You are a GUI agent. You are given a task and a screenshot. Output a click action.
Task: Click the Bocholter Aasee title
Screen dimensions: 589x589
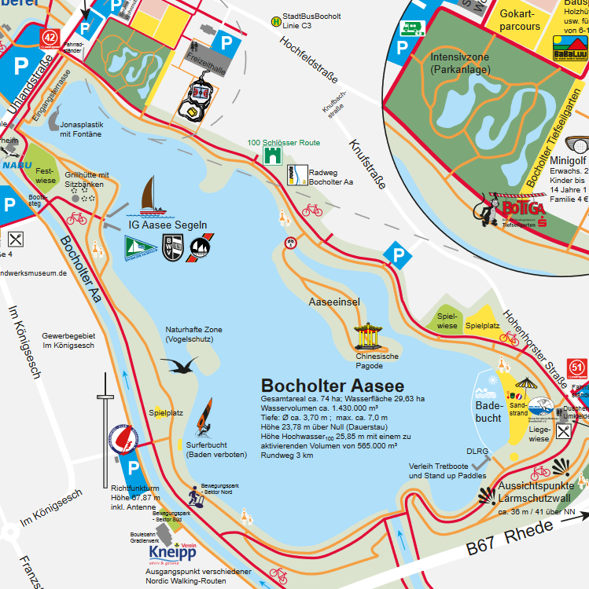(333, 386)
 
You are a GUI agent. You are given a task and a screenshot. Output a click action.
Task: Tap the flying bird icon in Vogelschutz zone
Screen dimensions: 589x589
(179, 366)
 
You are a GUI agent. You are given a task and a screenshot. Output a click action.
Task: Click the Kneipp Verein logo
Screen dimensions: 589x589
(171, 553)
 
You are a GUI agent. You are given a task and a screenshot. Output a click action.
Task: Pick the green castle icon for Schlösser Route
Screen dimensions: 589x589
(273, 157)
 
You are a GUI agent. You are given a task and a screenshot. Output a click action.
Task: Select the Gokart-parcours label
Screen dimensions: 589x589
(519, 20)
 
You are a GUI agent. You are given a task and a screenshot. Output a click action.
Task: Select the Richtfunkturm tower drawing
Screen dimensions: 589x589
(103, 425)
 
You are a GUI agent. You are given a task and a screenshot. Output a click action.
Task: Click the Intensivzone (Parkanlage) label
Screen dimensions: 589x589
(461, 64)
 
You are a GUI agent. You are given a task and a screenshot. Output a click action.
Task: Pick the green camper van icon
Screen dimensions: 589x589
(413, 29)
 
